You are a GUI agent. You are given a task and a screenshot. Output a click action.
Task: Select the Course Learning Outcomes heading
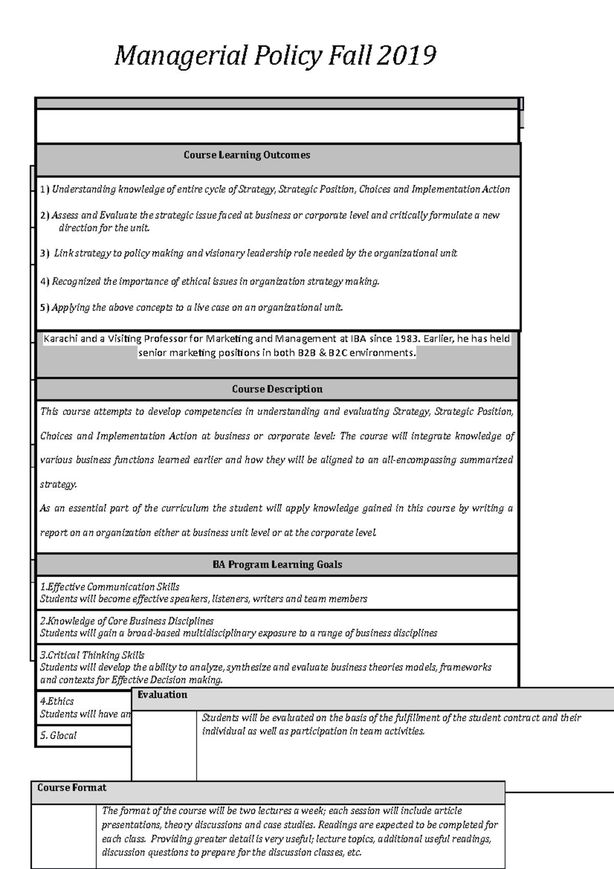pyautogui.click(x=247, y=155)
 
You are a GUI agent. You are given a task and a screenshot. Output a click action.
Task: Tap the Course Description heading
pyautogui.click(x=277, y=389)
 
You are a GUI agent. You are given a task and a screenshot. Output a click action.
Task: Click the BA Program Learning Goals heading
pyautogui.click(x=277, y=564)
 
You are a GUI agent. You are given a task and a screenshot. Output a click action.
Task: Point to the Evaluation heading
pyautogui.click(x=162, y=694)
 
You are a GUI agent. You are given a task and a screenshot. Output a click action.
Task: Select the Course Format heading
pyautogui.click(x=72, y=788)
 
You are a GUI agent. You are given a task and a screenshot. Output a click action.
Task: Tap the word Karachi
pyautogui.click(x=61, y=339)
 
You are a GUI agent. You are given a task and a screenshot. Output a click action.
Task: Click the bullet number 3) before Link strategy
pyautogui.click(x=45, y=253)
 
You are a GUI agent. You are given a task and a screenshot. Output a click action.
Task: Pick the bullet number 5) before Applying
pyautogui.click(x=45, y=308)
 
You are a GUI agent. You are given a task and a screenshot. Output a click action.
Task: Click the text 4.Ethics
pyautogui.click(x=57, y=701)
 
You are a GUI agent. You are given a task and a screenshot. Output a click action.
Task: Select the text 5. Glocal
pyautogui.click(x=58, y=735)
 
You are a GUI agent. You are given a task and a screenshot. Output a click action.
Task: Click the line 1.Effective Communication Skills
pyautogui.click(x=109, y=587)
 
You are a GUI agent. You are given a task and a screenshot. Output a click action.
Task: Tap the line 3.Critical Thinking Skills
pyautogui.click(x=92, y=655)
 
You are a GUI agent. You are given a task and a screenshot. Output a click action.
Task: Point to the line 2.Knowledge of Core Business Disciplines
pyautogui.click(x=126, y=621)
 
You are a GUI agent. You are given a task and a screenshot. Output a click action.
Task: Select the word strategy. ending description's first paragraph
pyautogui.click(x=58, y=484)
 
